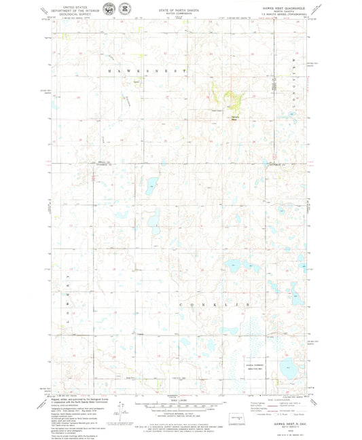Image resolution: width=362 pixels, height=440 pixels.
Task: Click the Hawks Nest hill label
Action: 234,117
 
